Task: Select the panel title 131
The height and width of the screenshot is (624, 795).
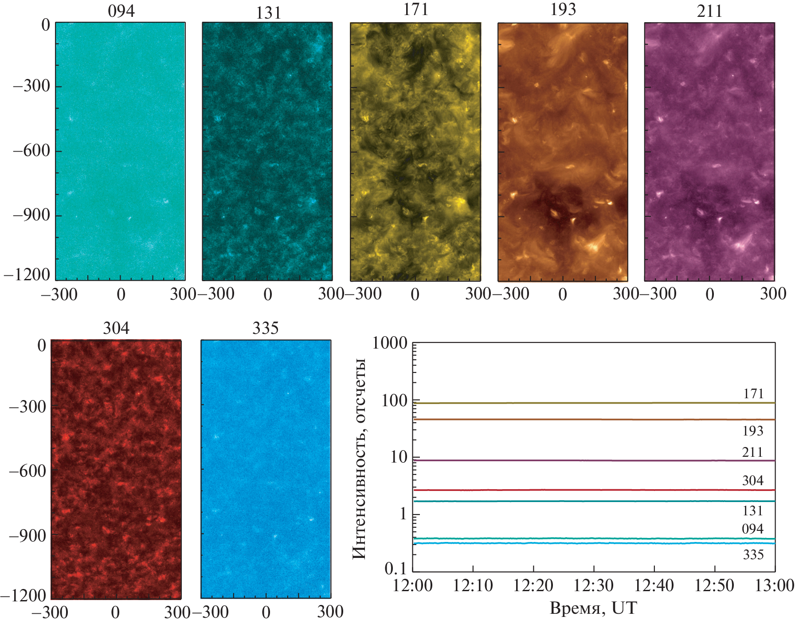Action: point(268,13)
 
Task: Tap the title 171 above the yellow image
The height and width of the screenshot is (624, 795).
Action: point(415,10)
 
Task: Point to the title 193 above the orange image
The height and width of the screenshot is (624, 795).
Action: point(563,10)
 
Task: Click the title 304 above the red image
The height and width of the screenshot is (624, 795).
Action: point(116,328)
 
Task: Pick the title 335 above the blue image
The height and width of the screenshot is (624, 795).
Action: point(265,328)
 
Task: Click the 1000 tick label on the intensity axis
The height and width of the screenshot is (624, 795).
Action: point(390,343)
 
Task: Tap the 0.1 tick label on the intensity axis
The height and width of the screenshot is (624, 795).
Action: point(396,568)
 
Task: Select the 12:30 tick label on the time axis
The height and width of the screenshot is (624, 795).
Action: point(593,586)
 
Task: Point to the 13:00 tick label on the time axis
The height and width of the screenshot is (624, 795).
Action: point(774,586)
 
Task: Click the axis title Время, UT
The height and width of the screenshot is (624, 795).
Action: point(593,608)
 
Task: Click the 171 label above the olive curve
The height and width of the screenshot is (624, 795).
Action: point(753,394)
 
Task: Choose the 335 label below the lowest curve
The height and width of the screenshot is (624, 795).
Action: point(753,555)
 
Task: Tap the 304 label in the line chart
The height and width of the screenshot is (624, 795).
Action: point(752,481)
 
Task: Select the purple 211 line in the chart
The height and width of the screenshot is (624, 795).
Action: point(576,460)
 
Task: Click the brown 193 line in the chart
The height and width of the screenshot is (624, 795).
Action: point(576,420)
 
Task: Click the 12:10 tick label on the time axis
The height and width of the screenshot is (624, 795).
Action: point(473,586)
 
